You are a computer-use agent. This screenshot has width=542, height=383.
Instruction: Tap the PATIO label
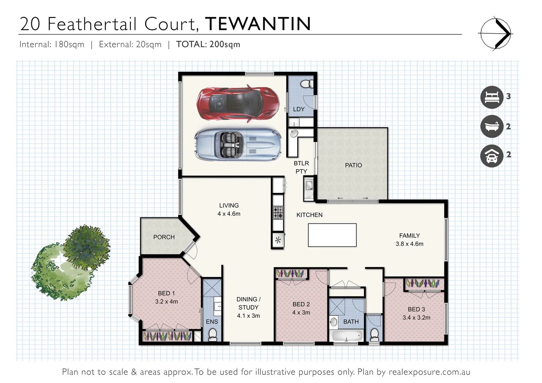tap(353, 165)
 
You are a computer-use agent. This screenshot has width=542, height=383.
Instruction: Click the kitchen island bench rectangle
tap(332, 235)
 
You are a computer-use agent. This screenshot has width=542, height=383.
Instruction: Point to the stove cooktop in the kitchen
tap(278, 213)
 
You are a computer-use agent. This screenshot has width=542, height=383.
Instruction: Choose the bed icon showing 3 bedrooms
tap(492, 97)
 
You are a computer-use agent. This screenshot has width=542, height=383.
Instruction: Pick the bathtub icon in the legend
tap(492, 126)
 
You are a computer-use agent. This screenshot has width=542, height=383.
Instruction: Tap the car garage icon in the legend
tap(492, 156)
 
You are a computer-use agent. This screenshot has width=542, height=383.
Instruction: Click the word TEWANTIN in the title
tap(258, 24)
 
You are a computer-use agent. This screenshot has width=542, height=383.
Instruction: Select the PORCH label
tap(164, 237)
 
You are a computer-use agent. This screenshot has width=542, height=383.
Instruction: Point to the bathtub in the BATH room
tap(347, 335)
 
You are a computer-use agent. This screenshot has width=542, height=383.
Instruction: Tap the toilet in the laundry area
tap(305, 84)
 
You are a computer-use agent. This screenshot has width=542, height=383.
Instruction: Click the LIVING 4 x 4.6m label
tap(229, 210)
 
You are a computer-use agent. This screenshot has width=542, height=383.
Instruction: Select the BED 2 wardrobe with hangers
tap(291, 274)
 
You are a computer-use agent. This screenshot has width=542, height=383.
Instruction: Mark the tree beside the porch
tap(73, 262)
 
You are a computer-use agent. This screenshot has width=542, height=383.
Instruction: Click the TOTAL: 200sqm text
tap(208, 44)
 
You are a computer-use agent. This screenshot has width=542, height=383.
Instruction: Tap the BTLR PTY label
tap(301, 167)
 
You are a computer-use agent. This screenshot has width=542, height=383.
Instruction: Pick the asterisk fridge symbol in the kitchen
tap(278, 240)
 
